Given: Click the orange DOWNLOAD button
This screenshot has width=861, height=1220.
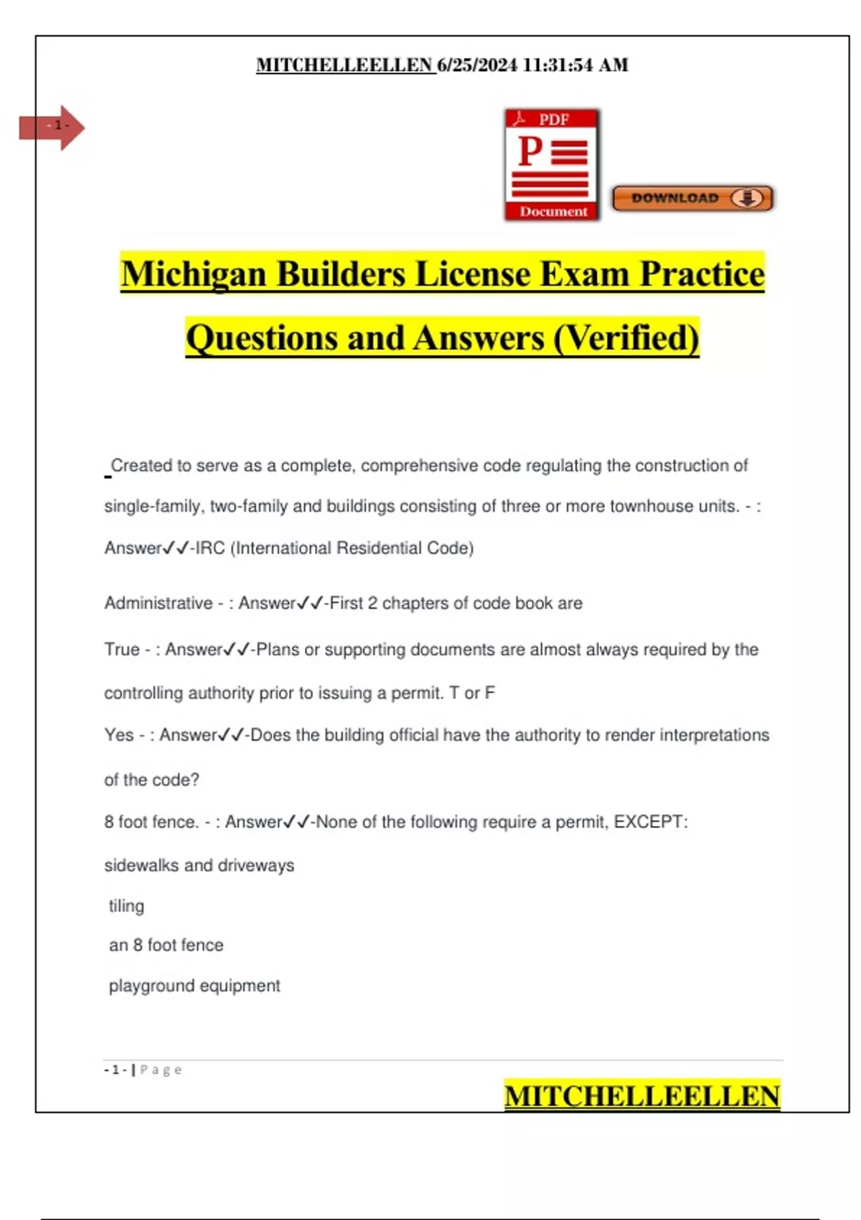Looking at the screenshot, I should tap(692, 198).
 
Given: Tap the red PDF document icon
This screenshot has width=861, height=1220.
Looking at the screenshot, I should tap(552, 165).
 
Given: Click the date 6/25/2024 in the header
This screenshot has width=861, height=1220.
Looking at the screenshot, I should tap(477, 65).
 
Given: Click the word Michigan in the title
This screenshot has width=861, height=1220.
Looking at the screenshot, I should tap(193, 274).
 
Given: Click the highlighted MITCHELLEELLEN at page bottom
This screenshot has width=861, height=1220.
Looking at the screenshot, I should tap(641, 1096).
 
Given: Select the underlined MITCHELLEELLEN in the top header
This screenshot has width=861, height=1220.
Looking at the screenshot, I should tap(345, 65).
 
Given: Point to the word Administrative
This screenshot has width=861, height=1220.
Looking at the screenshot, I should tap(158, 603).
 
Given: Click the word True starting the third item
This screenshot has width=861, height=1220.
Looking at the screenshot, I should tap(121, 649).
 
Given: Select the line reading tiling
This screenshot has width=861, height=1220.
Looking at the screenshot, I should tap(126, 906).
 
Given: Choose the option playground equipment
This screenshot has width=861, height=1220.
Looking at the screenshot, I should tap(194, 986).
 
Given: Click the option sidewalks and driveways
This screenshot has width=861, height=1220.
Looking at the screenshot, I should tap(199, 865).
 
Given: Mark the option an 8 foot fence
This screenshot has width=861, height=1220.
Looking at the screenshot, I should tap(166, 945).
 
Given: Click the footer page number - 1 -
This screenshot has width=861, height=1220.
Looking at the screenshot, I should tap(115, 1070).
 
